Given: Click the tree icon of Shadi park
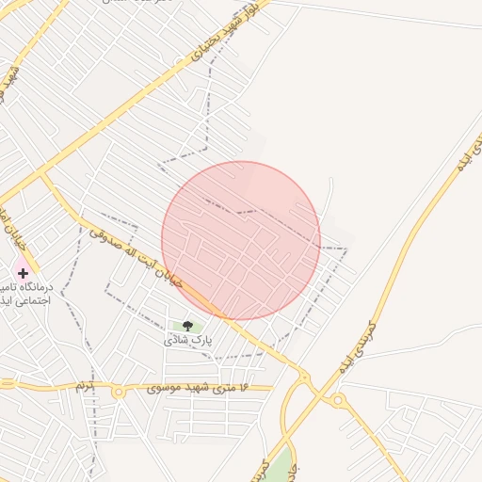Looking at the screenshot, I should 186,327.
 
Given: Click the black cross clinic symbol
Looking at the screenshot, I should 24,273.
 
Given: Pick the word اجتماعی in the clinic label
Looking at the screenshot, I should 34,302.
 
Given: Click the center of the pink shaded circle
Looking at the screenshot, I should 241,241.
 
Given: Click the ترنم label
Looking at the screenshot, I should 87,388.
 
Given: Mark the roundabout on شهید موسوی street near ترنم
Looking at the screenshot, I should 119,392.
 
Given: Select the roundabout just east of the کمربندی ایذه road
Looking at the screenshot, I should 337,402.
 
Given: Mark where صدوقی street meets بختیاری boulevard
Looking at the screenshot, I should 42,175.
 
